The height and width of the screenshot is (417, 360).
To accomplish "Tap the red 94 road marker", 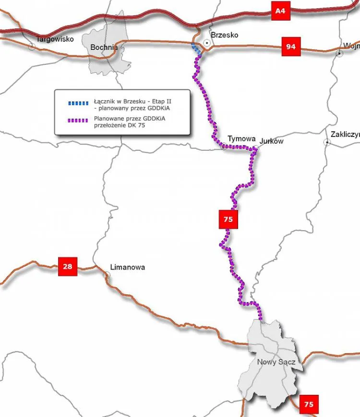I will [x=290, y=47].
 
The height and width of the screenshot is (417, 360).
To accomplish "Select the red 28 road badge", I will [x=68, y=266].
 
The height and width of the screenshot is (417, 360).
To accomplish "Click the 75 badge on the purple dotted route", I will [x=228, y=219].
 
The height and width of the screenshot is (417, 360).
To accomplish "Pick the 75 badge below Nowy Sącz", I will [x=308, y=405].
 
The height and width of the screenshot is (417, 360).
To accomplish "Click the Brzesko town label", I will [x=224, y=35].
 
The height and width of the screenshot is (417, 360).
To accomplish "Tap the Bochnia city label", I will [x=104, y=47].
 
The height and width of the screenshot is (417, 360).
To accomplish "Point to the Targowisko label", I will [x=55, y=39].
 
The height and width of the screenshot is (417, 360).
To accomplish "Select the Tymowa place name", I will [x=241, y=138].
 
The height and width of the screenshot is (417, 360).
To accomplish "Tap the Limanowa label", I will [x=127, y=267].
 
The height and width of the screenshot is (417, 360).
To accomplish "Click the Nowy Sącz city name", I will [x=276, y=362].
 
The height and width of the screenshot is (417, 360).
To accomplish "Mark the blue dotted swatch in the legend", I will [x=78, y=102].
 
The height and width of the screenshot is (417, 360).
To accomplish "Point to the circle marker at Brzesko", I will [x=207, y=43].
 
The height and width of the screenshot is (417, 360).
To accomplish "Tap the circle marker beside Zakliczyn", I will [x=326, y=142].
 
